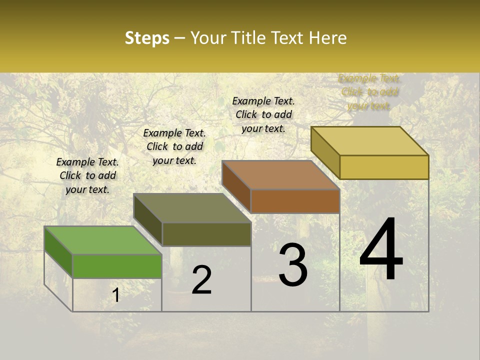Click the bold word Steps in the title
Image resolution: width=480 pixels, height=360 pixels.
(147, 38)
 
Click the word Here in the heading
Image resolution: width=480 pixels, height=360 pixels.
(327, 38)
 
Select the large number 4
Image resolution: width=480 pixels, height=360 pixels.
(381, 250)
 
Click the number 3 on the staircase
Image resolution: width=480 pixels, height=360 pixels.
(293, 265)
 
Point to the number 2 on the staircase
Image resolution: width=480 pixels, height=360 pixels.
(201, 280)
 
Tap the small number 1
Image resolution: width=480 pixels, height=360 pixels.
(116, 295)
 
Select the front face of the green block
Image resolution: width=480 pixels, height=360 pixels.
(117, 266)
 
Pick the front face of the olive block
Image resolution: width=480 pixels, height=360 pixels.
(206, 234)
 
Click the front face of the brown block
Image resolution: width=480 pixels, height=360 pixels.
(295, 201)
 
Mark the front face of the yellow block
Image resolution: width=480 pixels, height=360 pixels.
(384, 167)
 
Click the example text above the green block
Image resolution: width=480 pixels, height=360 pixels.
(87, 175)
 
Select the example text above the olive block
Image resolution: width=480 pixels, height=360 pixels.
(174, 146)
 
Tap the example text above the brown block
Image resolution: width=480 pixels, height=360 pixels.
(263, 114)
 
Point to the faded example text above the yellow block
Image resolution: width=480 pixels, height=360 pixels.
(369, 92)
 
